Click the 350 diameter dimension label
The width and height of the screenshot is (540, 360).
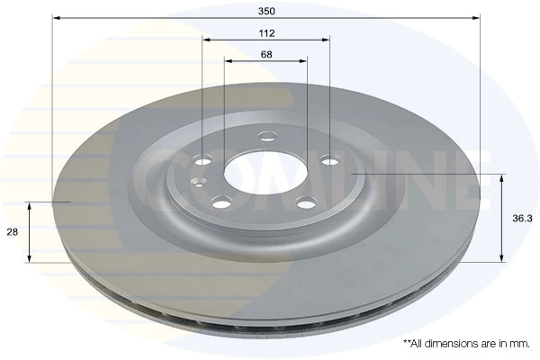click(x=266, y=11)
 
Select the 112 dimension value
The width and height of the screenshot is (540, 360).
click(x=266, y=33)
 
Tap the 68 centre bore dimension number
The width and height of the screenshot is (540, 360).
click(x=266, y=54)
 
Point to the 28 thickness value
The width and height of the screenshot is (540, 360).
click(x=13, y=232)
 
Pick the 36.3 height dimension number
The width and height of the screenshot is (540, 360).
click(x=522, y=218)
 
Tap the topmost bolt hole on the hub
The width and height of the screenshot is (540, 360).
click(x=267, y=136)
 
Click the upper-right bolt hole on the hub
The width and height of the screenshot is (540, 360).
click(x=330, y=160)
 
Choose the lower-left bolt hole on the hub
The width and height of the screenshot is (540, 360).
click(x=220, y=202)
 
